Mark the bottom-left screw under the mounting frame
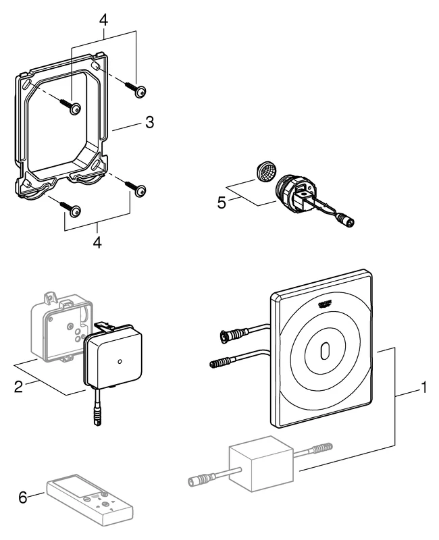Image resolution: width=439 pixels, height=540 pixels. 74,211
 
